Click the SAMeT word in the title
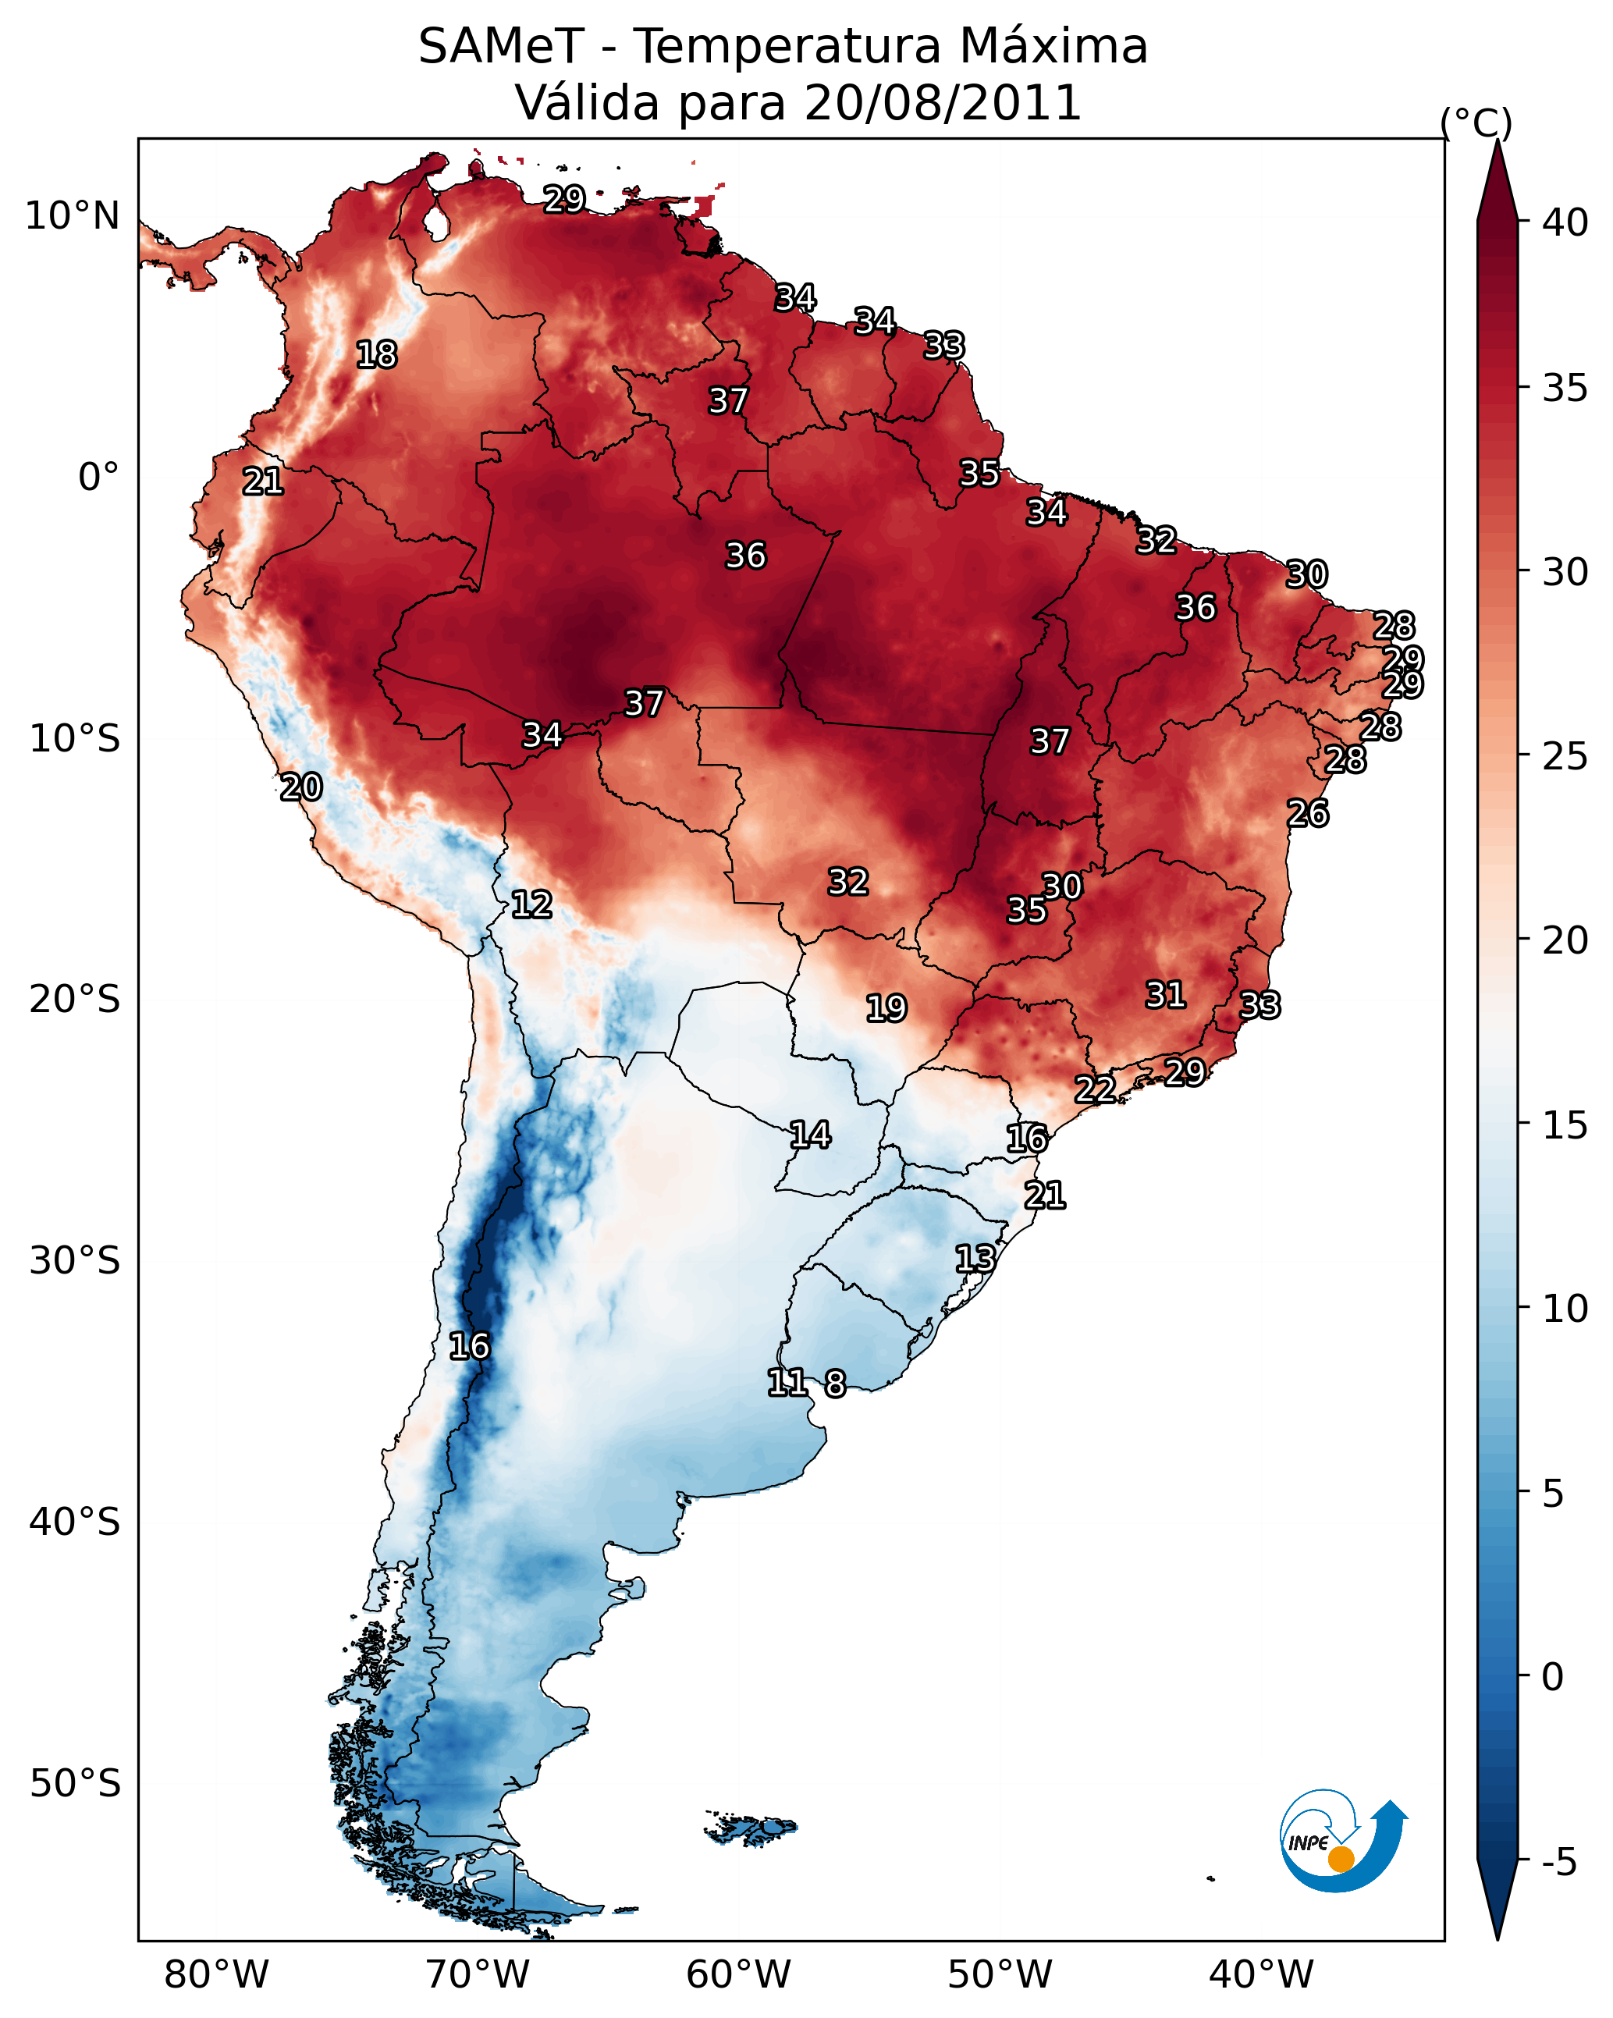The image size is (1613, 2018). click(x=502, y=47)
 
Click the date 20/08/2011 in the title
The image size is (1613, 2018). click(x=943, y=103)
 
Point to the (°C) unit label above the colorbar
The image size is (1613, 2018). click(x=1476, y=123)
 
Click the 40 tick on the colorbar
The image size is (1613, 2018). click(x=1565, y=222)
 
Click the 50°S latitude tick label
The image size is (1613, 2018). click(x=75, y=1784)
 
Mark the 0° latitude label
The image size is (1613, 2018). click(x=99, y=478)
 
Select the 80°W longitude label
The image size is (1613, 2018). click(x=216, y=1975)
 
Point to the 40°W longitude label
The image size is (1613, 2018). click(x=1261, y=1975)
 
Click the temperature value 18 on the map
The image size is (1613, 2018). click(x=376, y=355)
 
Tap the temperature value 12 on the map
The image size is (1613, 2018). click(x=531, y=904)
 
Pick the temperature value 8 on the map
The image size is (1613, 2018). click(x=835, y=1383)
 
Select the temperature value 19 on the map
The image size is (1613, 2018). click(x=886, y=1008)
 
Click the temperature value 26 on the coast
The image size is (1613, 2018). click(x=1308, y=813)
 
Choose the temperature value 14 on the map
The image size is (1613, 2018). click(x=810, y=1135)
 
